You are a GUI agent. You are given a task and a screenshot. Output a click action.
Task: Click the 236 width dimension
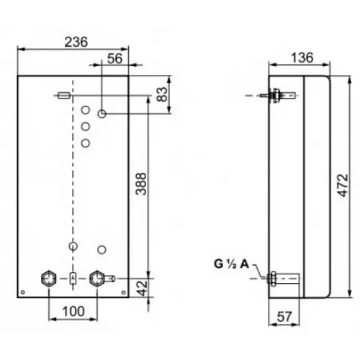[x=74, y=42]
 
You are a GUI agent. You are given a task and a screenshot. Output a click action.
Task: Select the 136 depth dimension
[x=300, y=58]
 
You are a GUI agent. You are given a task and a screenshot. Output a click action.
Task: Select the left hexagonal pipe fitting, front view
[x=49, y=278]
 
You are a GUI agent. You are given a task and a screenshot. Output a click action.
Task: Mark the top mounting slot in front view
[x=63, y=94]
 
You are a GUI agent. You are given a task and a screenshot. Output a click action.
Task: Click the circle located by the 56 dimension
[x=102, y=114]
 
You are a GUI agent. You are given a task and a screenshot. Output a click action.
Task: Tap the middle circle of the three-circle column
[x=86, y=127]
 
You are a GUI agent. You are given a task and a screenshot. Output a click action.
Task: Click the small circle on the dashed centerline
[x=72, y=246]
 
